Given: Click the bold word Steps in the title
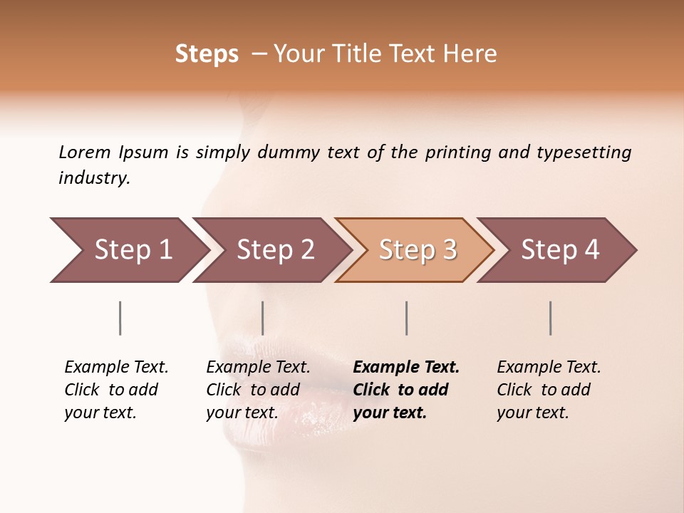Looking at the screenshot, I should (207, 54).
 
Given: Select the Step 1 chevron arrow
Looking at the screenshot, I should (128, 250).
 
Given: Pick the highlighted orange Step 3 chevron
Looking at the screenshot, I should (417, 250).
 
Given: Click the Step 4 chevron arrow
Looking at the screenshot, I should (559, 250).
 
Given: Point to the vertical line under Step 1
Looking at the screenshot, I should (120, 318).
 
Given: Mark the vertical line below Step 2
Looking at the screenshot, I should (263, 318).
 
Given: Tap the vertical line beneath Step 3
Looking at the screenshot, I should (407, 318).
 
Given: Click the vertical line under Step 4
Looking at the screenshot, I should (551, 318).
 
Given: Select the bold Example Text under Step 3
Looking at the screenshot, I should (406, 390).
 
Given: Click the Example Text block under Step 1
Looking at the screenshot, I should (116, 390).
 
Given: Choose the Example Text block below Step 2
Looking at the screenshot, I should (258, 390).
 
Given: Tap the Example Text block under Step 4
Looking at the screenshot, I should (549, 390).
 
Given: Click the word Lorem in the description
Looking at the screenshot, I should (84, 152).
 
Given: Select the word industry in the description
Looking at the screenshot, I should (93, 178).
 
